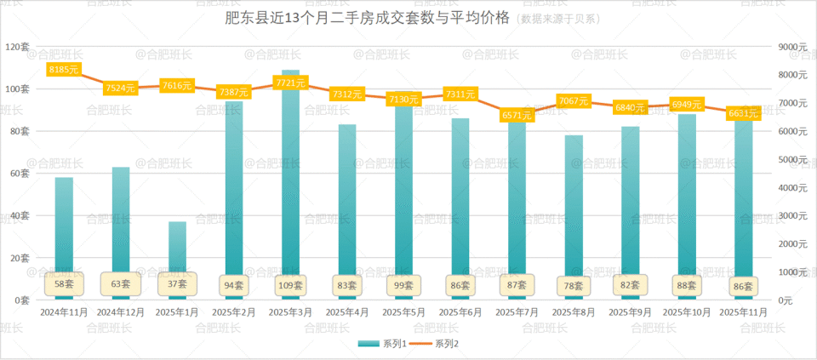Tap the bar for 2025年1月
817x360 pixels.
[x=177, y=247]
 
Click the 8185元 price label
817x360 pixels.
[x=64, y=69]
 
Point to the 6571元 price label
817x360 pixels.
[x=517, y=115]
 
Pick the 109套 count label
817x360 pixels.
[x=291, y=285]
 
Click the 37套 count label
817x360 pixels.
[x=177, y=283]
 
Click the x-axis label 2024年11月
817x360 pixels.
[x=64, y=312]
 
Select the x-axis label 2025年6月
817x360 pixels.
[x=460, y=312]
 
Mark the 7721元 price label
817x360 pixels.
[x=291, y=83]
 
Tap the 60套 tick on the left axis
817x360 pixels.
[x=19, y=174]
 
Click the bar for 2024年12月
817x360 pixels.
[x=121, y=221]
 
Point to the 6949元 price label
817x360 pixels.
[x=687, y=104]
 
